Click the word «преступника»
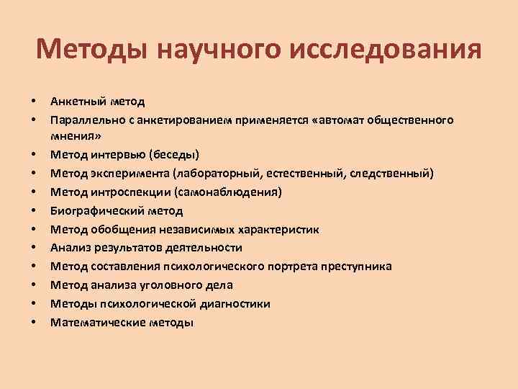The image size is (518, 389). (x=352, y=267)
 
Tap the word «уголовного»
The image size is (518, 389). (x=158, y=285)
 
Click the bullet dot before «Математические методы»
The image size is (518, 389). (x=34, y=323)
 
